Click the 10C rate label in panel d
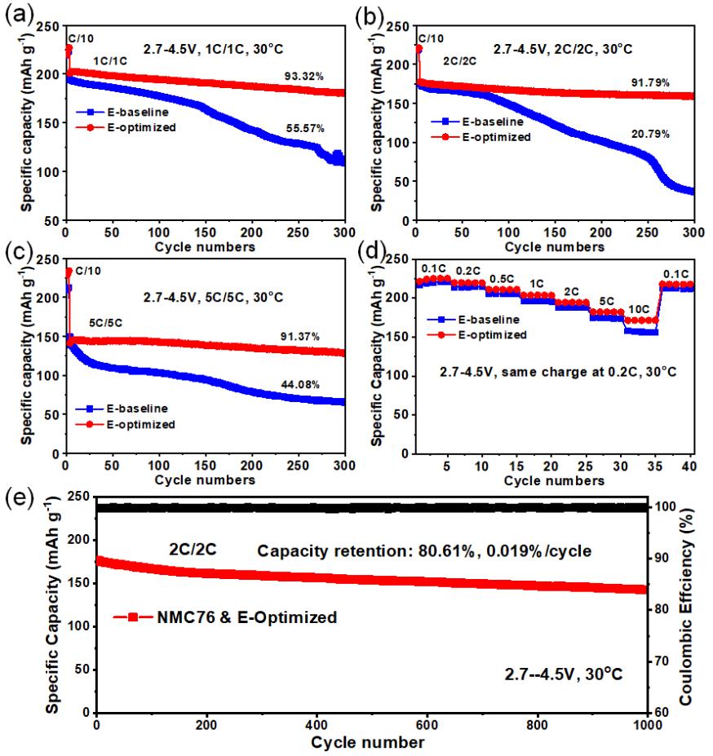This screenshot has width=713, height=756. click(x=643, y=310)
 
